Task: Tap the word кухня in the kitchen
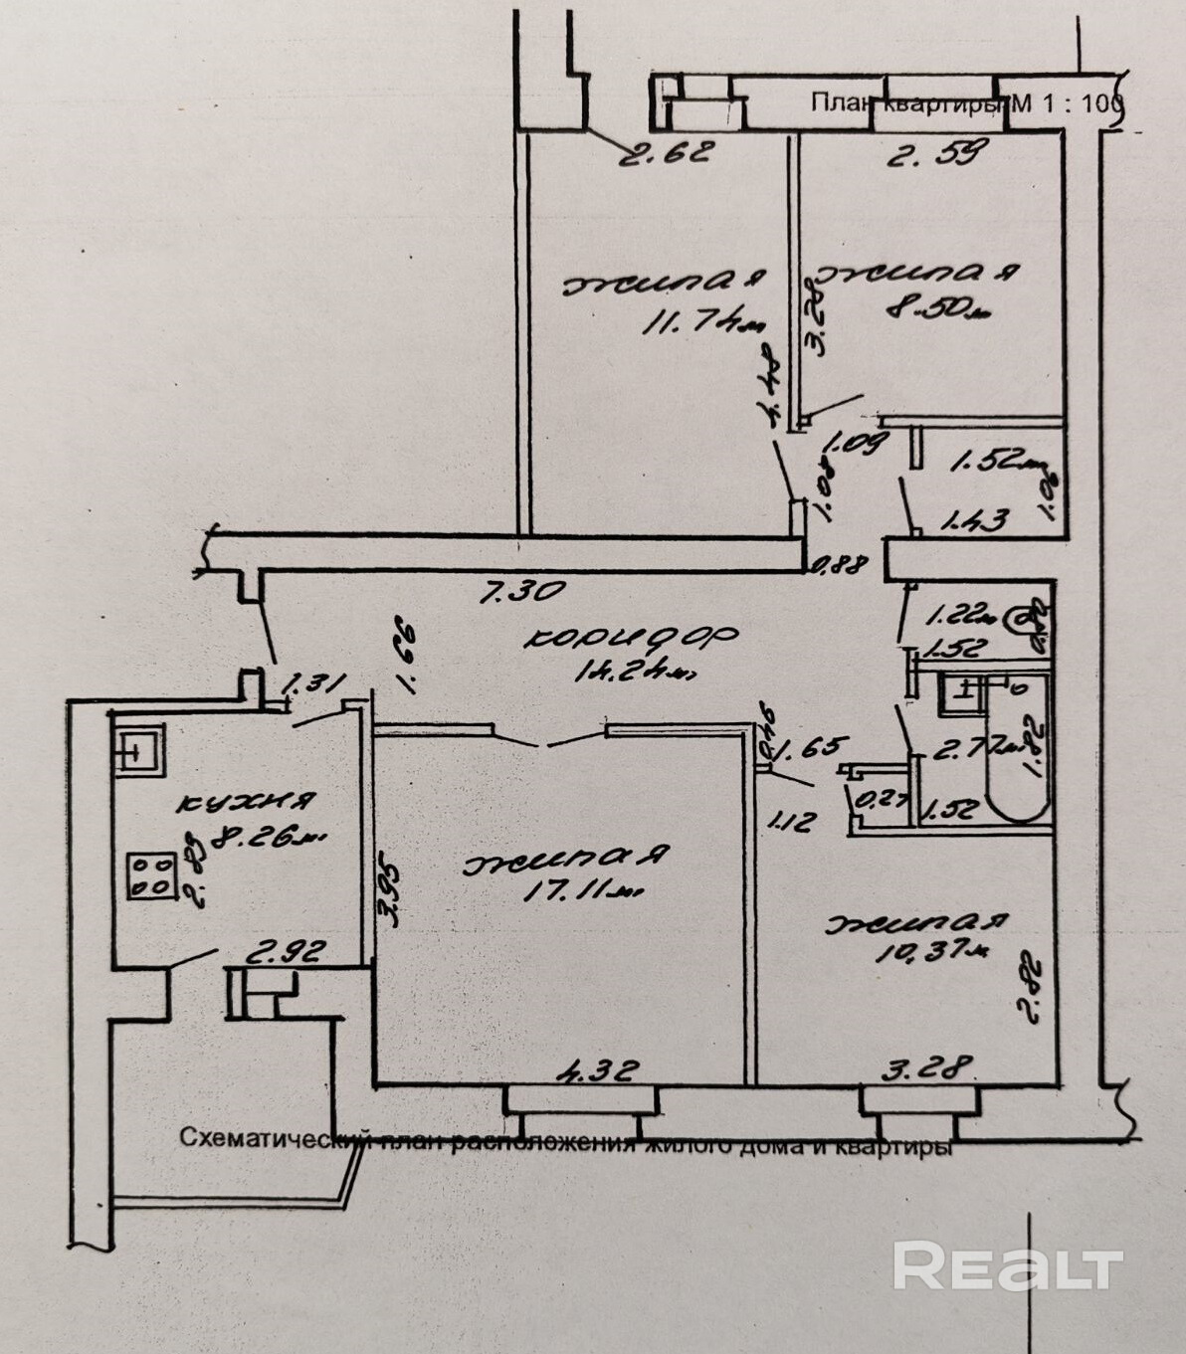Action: pyautogui.click(x=248, y=801)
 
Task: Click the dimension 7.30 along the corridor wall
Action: pyautogui.click(x=522, y=591)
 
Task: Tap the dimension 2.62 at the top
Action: pyautogui.click(x=669, y=153)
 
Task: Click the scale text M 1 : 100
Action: pyautogui.click(x=1067, y=102)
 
